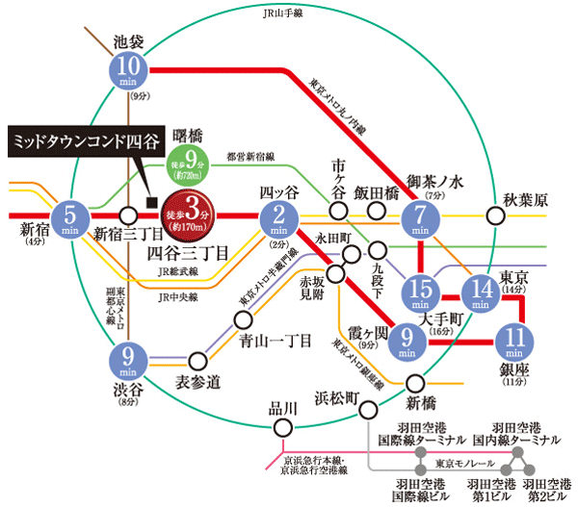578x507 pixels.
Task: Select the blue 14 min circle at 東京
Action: point(480,290)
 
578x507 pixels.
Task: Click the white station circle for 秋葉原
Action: point(496,216)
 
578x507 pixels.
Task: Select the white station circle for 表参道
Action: point(197,362)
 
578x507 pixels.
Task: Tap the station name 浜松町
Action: point(336,394)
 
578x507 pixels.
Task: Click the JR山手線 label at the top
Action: point(288,11)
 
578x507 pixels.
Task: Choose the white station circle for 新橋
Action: point(415,380)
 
